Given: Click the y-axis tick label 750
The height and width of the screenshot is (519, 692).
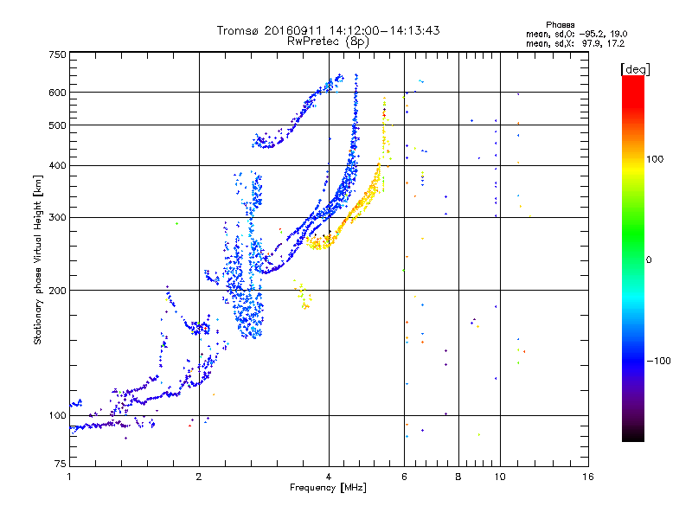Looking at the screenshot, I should tap(57, 54).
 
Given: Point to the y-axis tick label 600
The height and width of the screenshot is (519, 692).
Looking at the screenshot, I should tap(57, 93).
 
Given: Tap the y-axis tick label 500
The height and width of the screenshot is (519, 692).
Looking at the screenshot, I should tap(57, 125).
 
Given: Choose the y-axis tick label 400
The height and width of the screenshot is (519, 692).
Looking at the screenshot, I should tap(57, 165).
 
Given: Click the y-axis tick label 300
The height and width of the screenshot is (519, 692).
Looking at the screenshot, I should tap(57, 217).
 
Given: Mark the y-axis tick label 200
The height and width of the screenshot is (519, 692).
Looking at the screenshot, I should tap(57, 291).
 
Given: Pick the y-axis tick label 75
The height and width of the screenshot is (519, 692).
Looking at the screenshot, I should tap(60, 465).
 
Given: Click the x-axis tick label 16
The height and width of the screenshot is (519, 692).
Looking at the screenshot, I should tap(587, 477).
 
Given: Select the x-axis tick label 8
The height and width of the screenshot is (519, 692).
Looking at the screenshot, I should tap(458, 477).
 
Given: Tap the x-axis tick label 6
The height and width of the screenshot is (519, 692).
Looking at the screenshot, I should tap(404, 477).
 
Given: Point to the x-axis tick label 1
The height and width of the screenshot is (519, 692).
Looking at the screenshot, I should tap(69, 477).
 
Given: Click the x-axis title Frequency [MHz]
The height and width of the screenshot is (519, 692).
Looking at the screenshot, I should tap(328, 489).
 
